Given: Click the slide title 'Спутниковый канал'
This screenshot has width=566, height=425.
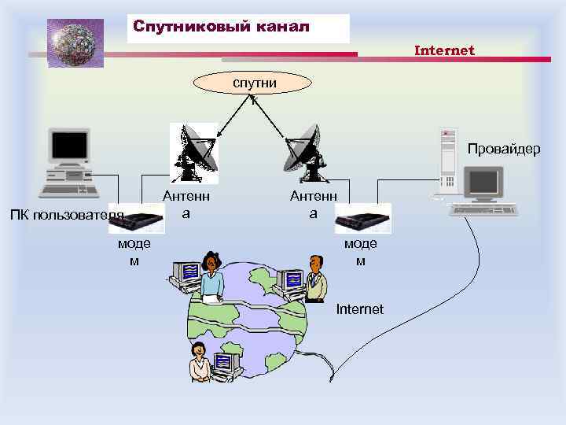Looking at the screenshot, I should click(x=222, y=27).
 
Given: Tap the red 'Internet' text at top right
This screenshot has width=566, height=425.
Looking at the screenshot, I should click(x=444, y=50).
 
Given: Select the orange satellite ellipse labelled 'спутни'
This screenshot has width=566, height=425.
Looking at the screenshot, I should click(x=254, y=83).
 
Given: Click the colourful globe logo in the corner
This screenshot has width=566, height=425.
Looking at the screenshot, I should click(x=75, y=42).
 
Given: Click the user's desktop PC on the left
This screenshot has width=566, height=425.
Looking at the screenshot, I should click(x=71, y=164).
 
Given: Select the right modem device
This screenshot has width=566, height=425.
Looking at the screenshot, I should click(x=362, y=218).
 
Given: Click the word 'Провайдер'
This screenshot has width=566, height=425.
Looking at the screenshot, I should click(x=504, y=149).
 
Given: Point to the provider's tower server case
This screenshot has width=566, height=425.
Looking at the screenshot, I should click(x=448, y=162).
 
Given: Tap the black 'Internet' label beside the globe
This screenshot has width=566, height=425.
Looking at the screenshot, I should click(x=359, y=309).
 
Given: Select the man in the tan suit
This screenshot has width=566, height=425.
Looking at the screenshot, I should click(x=316, y=279).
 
